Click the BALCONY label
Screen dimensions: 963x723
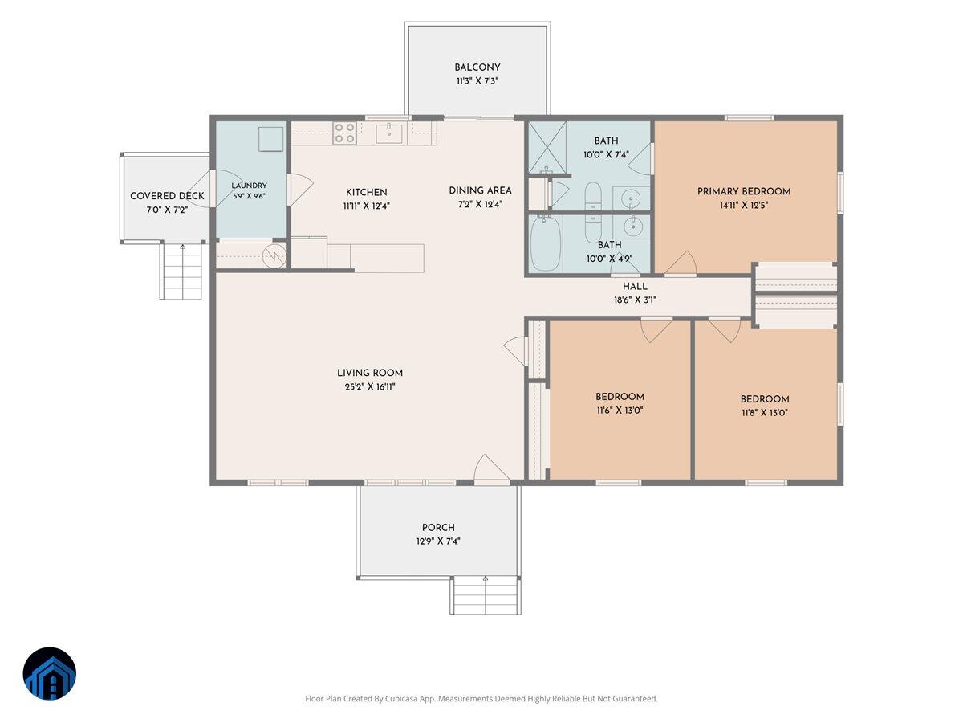click(477, 67)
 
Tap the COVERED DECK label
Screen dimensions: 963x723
click(167, 196)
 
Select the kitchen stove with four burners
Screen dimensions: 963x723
click(344, 133)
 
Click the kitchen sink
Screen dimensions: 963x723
click(388, 133)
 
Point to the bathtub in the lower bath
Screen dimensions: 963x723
click(546, 244)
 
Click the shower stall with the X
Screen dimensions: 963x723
click(547, 148)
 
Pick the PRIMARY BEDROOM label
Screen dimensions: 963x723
click(744, 191)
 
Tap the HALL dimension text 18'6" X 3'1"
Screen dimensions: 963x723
click(635, 300)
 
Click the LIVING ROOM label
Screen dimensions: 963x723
click(370, 373)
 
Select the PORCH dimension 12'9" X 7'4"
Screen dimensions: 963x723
click(438, 541)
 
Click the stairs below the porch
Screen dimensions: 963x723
click(486, 594)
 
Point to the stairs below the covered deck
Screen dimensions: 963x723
click(182, 271)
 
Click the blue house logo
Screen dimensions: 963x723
click(50, 673)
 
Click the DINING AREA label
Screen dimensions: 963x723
click(480, 190)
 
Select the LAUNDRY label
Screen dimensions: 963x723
click(250, 186)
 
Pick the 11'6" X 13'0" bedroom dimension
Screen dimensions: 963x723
click(620, 411)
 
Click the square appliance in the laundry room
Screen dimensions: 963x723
click(270, 139)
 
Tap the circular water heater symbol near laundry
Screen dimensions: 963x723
click(274, 255)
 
